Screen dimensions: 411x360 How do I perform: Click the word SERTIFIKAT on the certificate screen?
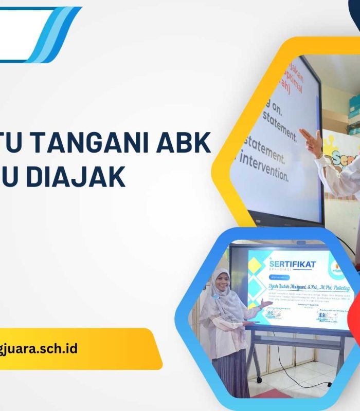click(x=293, y=264)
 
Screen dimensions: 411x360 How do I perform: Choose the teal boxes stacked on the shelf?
click(x=355, y=107)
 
